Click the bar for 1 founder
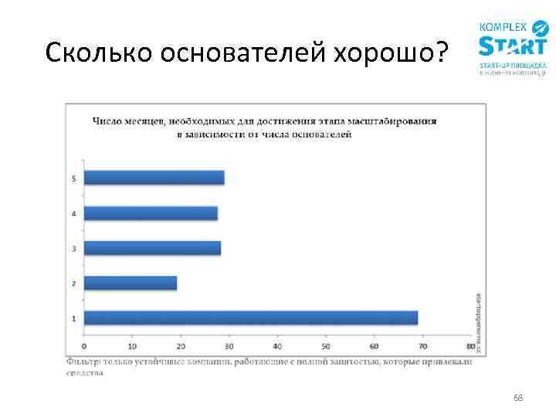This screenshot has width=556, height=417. [250, 317]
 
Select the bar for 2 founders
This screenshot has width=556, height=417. [130, 283]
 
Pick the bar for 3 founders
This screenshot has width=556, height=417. [151, 248]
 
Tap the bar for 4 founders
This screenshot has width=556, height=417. [150, 213]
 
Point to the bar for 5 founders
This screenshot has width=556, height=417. [154, 178]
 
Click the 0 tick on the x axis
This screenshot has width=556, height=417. [84, 345]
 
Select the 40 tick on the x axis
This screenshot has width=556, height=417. [277, 345]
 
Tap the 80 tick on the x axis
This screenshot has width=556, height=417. [470, 345]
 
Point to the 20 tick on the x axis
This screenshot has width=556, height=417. [181, 345]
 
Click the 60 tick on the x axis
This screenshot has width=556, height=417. [374, 345]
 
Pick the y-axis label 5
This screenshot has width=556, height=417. [73, 178]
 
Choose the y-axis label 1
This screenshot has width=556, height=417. [73, 318]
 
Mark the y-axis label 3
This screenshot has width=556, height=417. [73, 249]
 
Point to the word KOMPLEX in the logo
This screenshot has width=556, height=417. [503, 25]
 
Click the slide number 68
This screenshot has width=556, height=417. [518, 398]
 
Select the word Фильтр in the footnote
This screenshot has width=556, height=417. [81, 361]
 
